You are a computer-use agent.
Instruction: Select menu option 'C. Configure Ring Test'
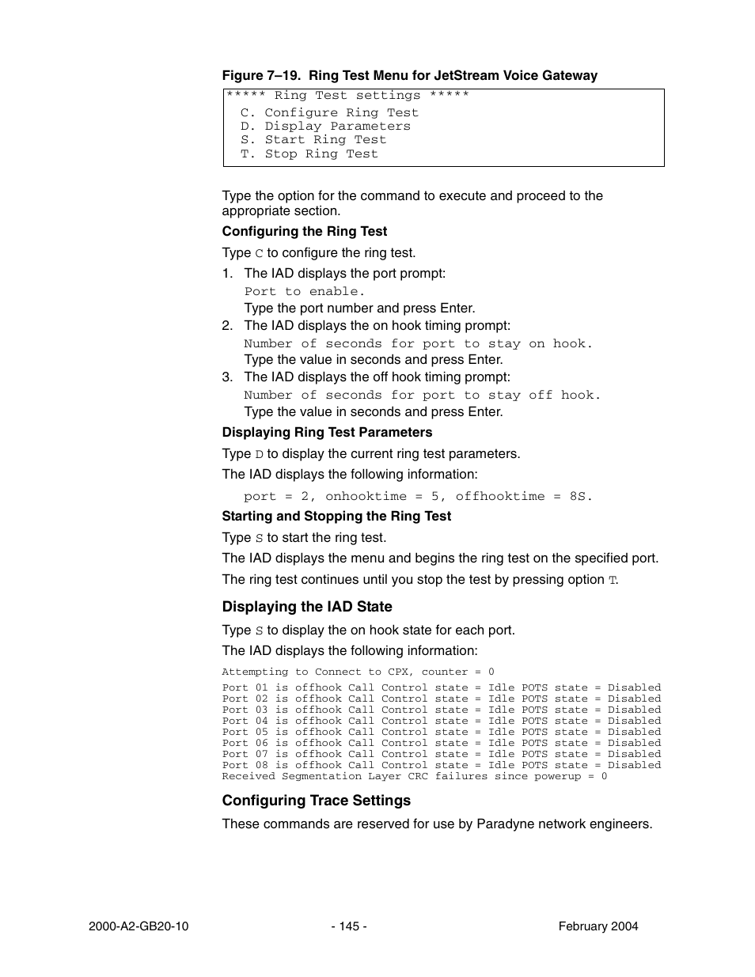point(329,112)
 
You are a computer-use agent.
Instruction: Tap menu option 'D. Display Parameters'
point(325,126)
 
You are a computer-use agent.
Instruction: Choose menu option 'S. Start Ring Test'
point(313,139)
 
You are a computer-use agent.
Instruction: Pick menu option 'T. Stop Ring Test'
point(309,153)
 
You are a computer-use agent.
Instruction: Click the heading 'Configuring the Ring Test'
point(304,232)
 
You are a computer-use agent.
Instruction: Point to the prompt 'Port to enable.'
point(304,291)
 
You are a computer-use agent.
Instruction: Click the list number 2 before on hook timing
point(226,326)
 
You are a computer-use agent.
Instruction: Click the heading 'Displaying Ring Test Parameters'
point(327,433)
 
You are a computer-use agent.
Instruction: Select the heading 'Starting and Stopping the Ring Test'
point(336,517)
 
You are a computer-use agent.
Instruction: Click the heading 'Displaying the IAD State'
point(306,607)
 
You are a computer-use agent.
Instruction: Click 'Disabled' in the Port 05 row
point(634,732)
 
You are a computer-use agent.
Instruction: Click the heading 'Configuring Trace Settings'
point(316,801)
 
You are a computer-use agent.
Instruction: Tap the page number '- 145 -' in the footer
point(348,926)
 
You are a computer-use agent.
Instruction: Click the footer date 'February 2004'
point(598,926)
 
